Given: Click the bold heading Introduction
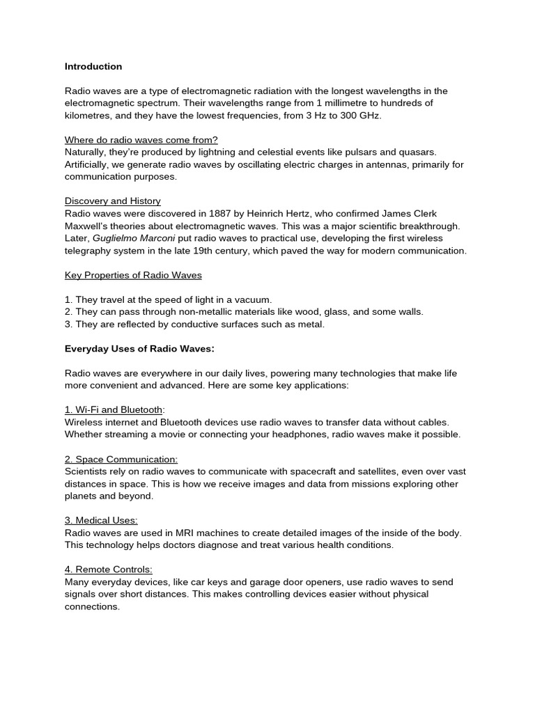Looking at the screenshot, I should tap(93, 67).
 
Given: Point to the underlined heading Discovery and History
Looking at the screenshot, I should tap(113, 201).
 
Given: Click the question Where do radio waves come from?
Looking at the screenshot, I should tap(141, 139).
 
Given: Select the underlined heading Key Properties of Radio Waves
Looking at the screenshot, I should tap(133, 275).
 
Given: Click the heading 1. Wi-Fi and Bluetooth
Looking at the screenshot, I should tap(113, 409).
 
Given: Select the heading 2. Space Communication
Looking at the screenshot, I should tap(121, 460).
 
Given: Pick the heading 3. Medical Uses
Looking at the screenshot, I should tap(101, 520).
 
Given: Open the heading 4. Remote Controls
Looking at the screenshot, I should tap(109, 570).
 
